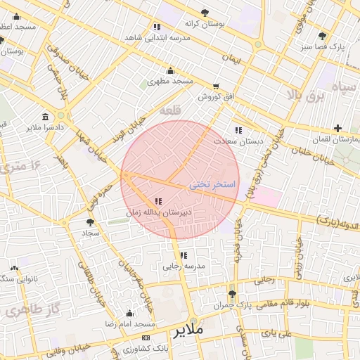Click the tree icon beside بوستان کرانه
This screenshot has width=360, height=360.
coord(205,13)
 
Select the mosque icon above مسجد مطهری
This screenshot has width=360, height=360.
coord(170,70)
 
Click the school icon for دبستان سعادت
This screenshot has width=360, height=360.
coord(238,130)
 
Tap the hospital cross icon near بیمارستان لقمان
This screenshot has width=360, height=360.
coord(338,128)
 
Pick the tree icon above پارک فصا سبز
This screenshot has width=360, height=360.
coord(322,36)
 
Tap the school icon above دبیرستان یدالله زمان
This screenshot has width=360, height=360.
coord(157,201)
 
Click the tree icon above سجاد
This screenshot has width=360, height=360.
coord(89,222)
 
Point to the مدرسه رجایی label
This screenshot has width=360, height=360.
coord(184,266)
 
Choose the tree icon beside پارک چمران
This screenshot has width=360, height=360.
coord(232,295)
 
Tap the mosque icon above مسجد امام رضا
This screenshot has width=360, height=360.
coord(129,314)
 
